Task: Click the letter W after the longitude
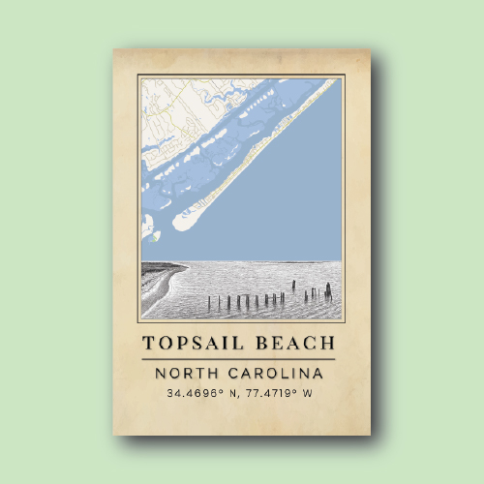[x=309, y=394]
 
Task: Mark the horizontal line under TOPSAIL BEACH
[x=241, y=359]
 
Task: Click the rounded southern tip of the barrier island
[x=181, y=222]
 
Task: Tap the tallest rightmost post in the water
[x=328, y=289]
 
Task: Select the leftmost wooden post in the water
[x=209, y=303]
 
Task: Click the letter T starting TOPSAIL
[x=148, y=344]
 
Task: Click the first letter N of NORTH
[x=161, y=373]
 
